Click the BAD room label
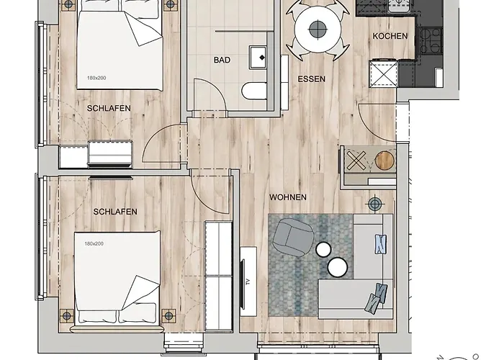coord(222,60)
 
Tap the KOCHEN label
coord(390,36)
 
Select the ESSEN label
coord(311,79)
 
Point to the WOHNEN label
coord(288,197)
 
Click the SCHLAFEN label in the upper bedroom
coord(109,108)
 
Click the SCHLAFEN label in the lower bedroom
coord(115,212)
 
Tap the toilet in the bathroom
coord(254,91)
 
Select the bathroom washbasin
coord(258,58)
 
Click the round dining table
coord(318,30)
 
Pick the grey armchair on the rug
coord(292,237)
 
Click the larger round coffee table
coord(338,267)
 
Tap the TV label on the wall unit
coord(248,282)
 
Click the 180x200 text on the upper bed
coord(96,78)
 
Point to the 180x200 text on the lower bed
coord(94,243)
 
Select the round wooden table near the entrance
coord(384,160)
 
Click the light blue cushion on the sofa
coord(381,244)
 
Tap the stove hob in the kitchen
coord(430,41)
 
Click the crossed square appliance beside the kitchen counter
coord(383,73)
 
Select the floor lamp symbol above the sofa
coord(375,204)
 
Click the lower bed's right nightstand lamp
coord(168,315)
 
